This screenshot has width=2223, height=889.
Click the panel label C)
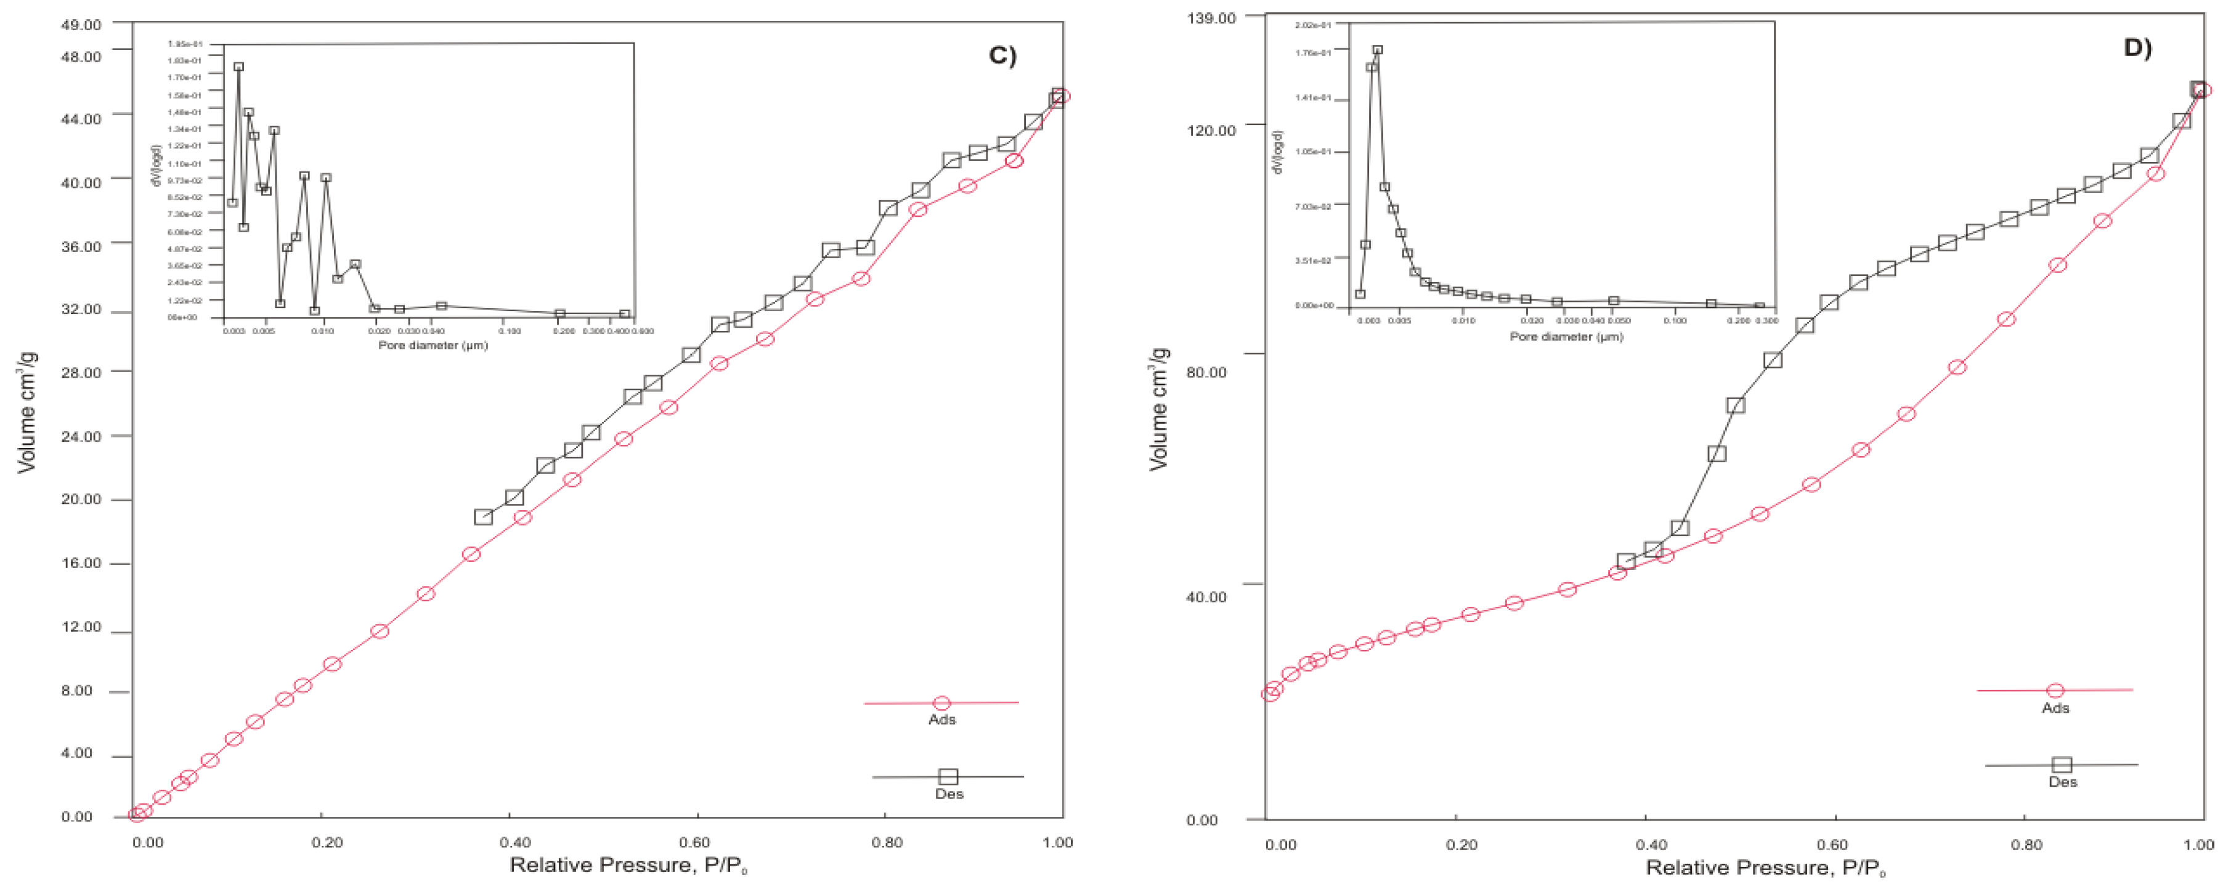(1002, 55)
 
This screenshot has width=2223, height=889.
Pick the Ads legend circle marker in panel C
(941, 704)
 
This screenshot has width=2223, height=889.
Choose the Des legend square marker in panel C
(948, 777)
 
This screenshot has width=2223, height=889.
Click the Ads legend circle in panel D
(2055, 691)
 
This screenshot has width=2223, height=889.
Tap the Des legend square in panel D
(2062, 765)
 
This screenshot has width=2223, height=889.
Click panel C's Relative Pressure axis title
(627, 866)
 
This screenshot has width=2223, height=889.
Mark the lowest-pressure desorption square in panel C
(483, 517)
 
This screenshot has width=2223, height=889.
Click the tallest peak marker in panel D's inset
(1377, 50)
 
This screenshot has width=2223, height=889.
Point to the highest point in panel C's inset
(238, 67)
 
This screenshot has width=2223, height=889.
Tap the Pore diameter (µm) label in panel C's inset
(433, 345)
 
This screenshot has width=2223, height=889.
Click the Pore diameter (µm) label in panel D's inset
(1566, 336)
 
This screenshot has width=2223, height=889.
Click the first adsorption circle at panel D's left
(1270, 693)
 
